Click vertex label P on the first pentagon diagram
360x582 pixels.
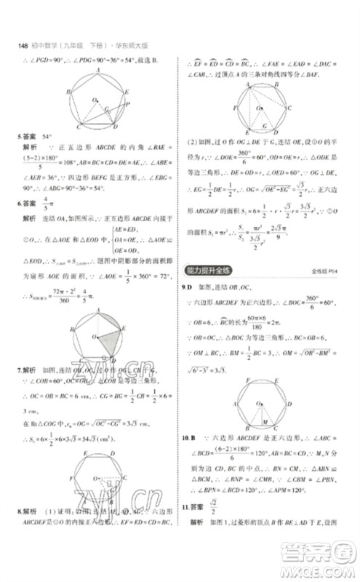128,104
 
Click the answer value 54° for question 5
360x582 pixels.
49,136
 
